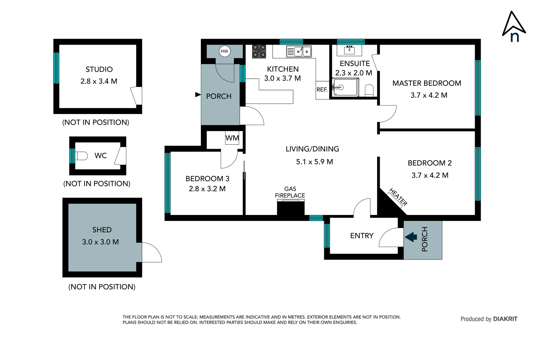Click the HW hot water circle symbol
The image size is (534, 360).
click(x=225, y=51)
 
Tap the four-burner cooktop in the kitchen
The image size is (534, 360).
click(x=259, y=51)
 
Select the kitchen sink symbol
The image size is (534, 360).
click(x=299, y=51)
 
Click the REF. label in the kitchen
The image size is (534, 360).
click(x=322, y=90)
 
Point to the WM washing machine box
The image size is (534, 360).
click(x=232, y=138)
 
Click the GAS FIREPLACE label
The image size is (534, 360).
click(x=290, y=192)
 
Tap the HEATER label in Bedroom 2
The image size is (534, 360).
click(x=398, y=197)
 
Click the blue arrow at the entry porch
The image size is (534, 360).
click(x=411, y=237)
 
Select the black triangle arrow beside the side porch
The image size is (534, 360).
click(x=198, y=95)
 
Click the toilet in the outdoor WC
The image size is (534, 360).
click(x=81, y=156)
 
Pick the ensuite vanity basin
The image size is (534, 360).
click(x=349, y=50)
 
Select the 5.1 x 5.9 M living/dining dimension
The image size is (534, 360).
click(x=314, y=162)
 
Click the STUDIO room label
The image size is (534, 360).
click(x=99, y=69)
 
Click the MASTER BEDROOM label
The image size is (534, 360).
click(x=426, y=83)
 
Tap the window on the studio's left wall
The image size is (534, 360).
click(x=56, y=68)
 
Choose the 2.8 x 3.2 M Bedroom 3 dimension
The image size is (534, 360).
click(x=207, y=189)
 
